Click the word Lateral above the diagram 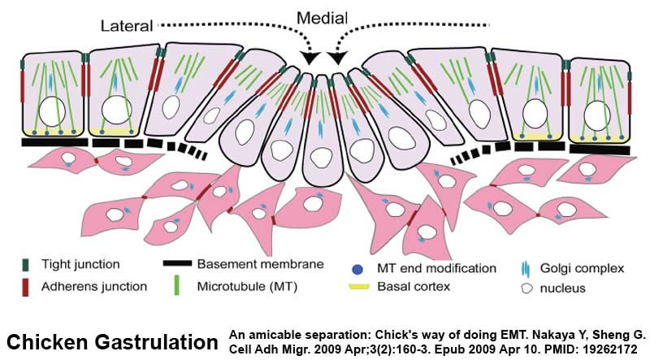(127, 26)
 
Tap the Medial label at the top (322, 18)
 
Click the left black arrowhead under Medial (310, 58)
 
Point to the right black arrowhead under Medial (337, 58)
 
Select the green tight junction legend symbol (26, 265)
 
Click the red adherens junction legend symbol (26, 288)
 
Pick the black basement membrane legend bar (177, 263)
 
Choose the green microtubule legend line (177, 285)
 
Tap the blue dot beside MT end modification (357, 270)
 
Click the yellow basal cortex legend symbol (358, 287)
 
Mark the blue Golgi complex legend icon (525, 269)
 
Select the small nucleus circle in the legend (526, 288)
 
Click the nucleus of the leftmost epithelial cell (52, 111)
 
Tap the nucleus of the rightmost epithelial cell (597, 115)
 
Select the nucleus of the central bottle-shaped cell (321, 158)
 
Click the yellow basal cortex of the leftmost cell (53, 132)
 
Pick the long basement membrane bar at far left (54, 142)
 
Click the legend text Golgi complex (582, 268)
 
